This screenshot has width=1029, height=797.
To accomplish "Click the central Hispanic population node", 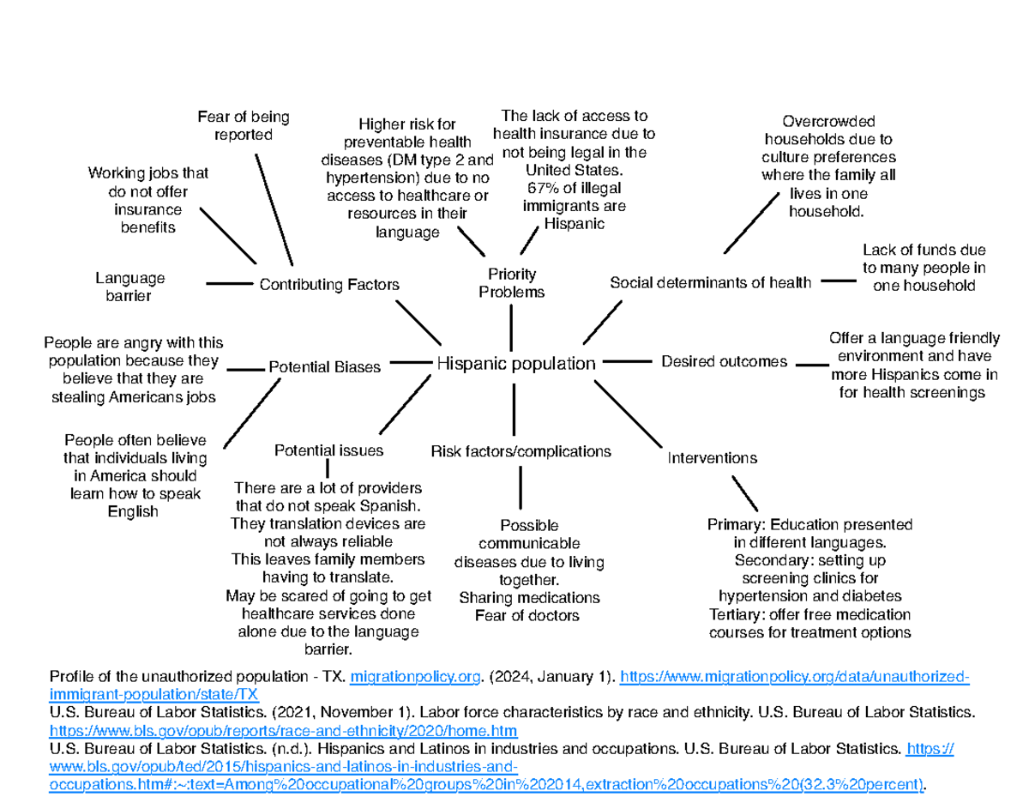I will [515, 364].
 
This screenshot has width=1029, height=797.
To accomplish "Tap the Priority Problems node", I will [511, 283].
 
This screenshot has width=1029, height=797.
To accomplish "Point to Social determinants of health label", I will [709, 282].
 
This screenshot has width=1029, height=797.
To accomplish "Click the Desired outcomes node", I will [724, 362].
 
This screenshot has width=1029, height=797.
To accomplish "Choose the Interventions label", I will [712, 458].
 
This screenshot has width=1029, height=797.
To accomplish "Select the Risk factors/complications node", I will [521, 451].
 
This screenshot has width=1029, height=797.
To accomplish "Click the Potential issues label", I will [328, 450].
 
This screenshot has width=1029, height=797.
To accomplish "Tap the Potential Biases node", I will [325, 367].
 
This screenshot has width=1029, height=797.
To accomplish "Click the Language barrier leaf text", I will [129, 287].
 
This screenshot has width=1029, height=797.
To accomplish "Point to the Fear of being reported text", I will [243, 125].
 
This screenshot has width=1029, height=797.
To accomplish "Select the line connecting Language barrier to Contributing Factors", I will [227, 282].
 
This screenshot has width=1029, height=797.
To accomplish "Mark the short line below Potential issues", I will [328, 468].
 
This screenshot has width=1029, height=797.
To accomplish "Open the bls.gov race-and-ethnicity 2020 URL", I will [284, 730].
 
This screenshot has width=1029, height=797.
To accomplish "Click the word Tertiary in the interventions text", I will [736, 615].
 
